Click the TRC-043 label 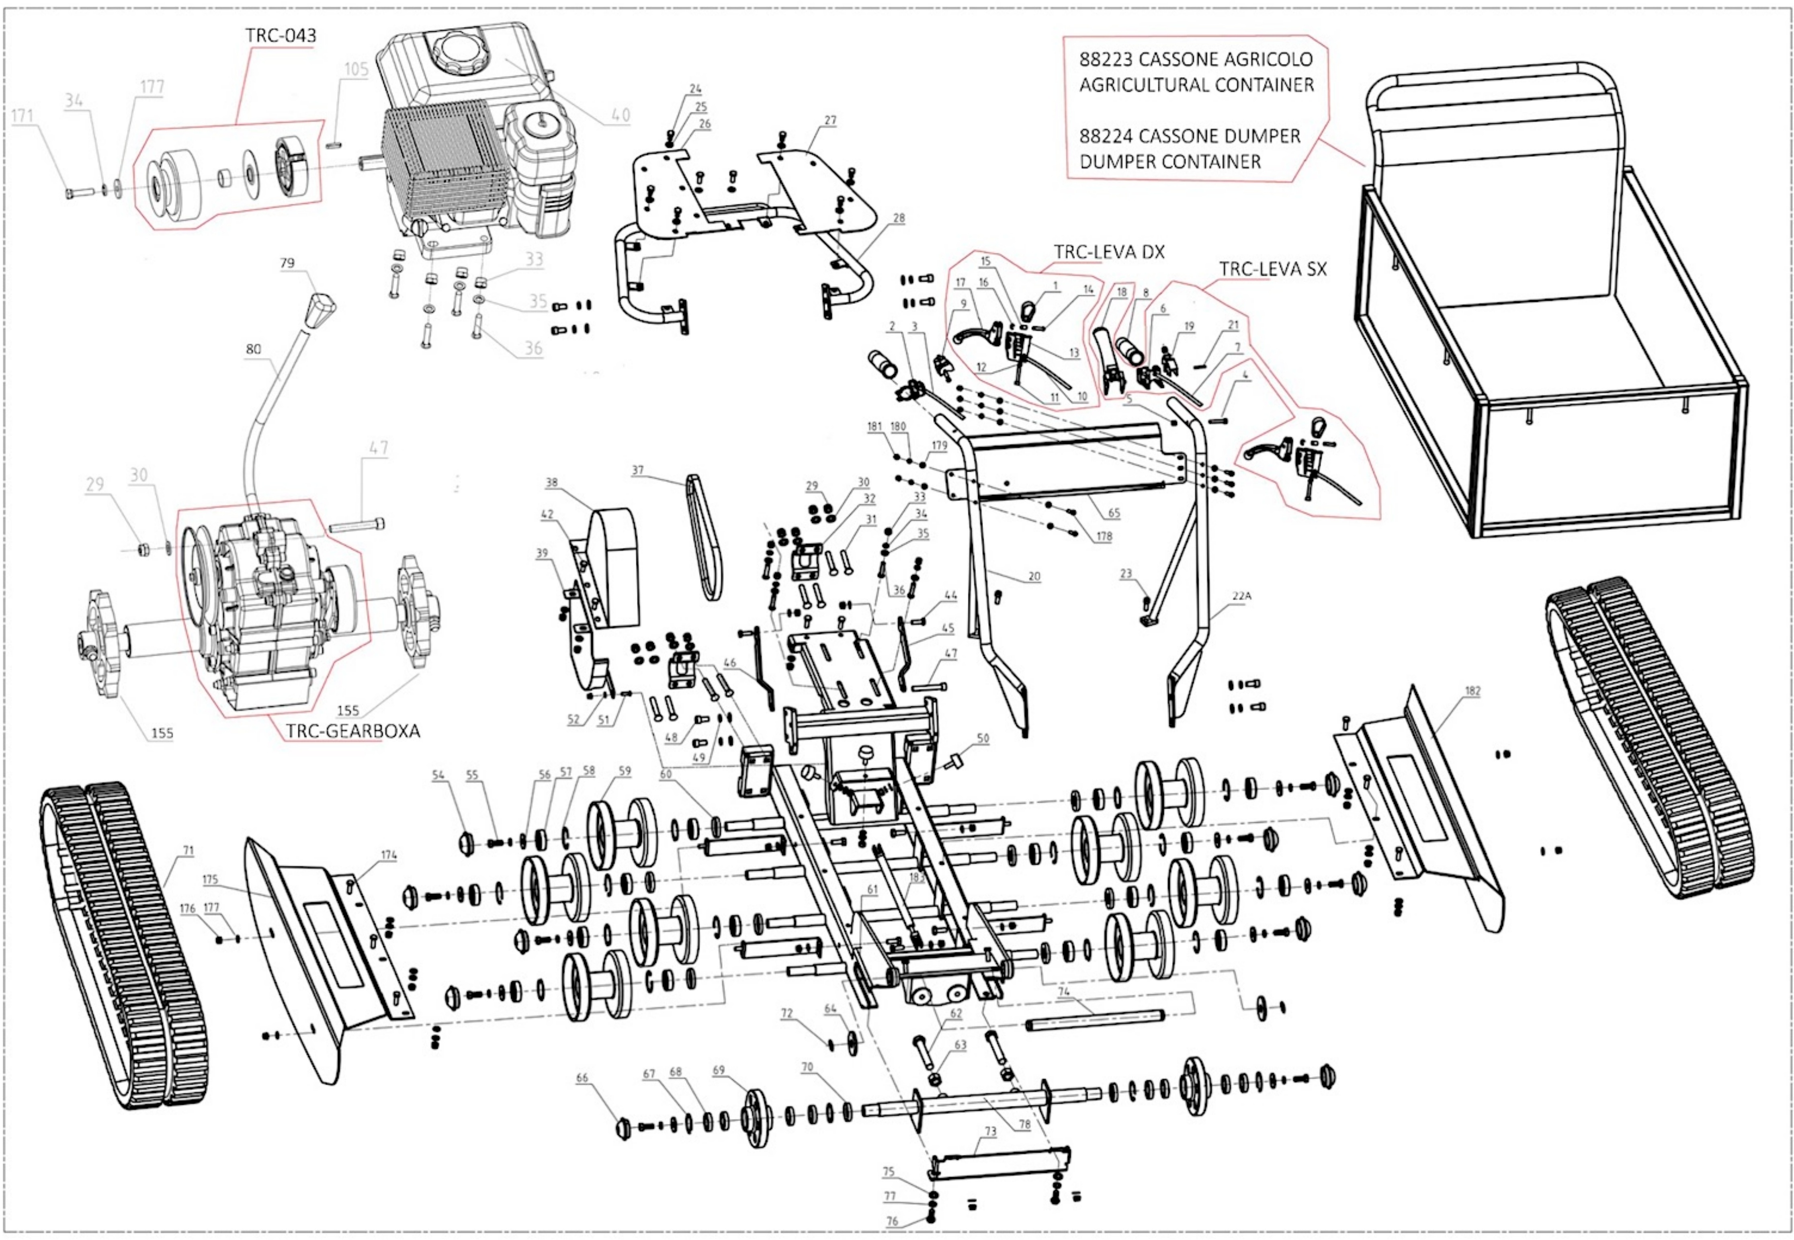(281, 36)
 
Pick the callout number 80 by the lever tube (253, 350)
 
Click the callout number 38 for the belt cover (551, 482)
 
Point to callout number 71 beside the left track (188, 851)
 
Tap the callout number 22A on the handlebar (1241, 596)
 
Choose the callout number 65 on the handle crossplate (1114, 513)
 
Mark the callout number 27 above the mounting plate (830, 121)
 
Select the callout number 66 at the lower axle (582, 1078)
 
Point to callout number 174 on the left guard (388, 855)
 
